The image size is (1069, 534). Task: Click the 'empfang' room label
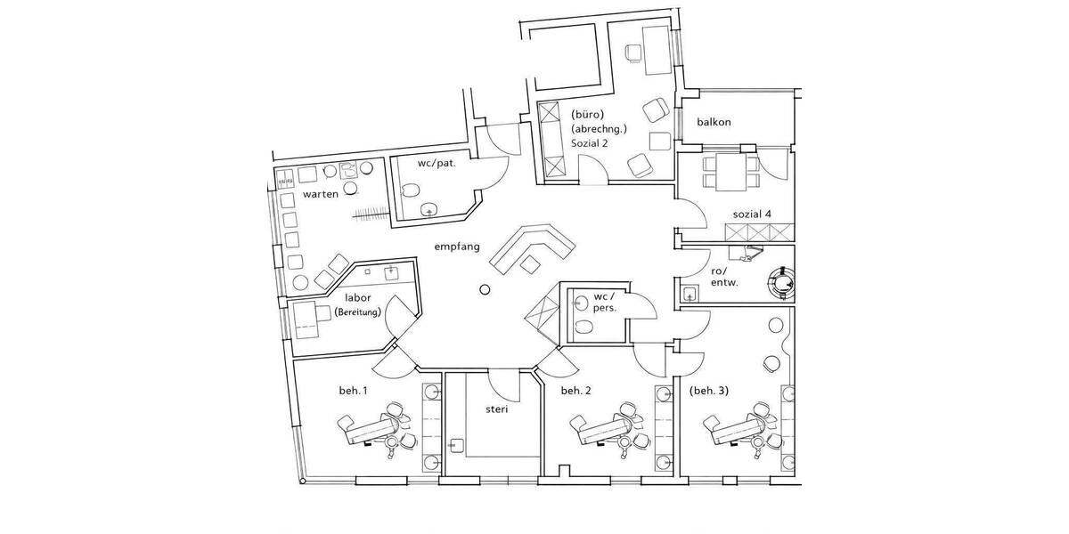[457, 247]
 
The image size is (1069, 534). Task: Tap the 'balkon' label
[714, 122]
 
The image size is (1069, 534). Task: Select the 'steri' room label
[497, 410]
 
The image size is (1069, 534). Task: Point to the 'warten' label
[320, 194]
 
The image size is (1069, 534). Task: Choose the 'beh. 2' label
[577, 390]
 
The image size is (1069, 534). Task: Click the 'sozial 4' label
[752, 214]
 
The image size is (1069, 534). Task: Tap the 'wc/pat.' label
[437, 165]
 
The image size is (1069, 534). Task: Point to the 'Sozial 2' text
[591, 143]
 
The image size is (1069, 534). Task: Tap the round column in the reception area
[485, 289]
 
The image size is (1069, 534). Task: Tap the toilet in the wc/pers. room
[583, 328]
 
